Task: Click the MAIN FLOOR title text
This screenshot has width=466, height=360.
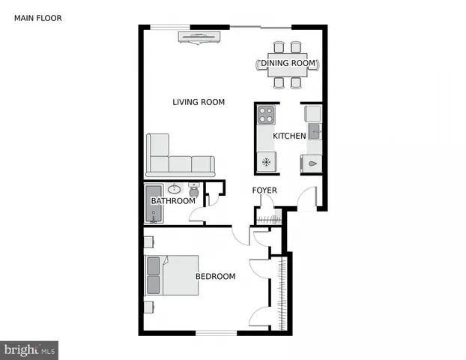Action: tap(38, 17)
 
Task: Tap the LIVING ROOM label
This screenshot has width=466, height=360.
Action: tap(199, 103)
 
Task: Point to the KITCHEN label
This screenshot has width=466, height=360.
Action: tap(288, 136)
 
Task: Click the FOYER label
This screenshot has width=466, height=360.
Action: tap(264, 190)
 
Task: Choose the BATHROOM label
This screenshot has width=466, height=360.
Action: tap(173, 201)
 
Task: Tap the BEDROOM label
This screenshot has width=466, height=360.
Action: tap(215, 277)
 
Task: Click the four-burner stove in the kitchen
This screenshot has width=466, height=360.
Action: tap(266, 115)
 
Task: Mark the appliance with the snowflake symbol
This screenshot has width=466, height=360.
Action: tap(266, 162)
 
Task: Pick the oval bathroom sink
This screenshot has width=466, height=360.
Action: tap(175, 189)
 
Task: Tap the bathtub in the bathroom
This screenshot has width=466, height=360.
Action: tap(154, 203)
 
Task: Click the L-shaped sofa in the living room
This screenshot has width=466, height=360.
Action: tap(177, 158)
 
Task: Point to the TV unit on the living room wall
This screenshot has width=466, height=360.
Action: tap(199, 37)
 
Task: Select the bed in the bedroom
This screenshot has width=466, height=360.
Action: tap(172, 276)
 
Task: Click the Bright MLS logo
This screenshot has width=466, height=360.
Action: tap(29, 349)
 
